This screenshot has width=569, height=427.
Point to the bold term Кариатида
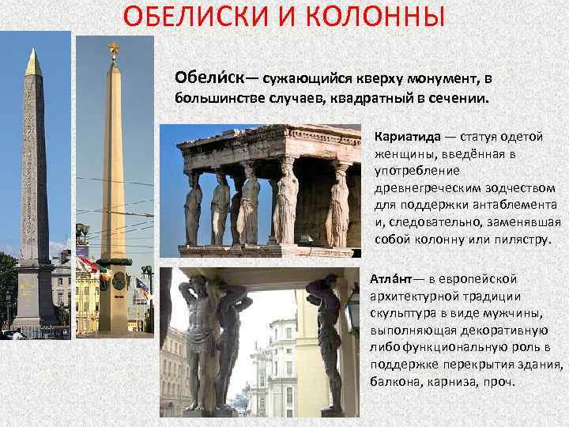407,136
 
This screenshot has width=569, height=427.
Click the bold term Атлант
395,278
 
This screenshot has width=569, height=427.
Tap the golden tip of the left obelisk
32,62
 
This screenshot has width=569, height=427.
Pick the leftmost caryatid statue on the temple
193,206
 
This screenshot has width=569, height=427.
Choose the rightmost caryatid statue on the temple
337,207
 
